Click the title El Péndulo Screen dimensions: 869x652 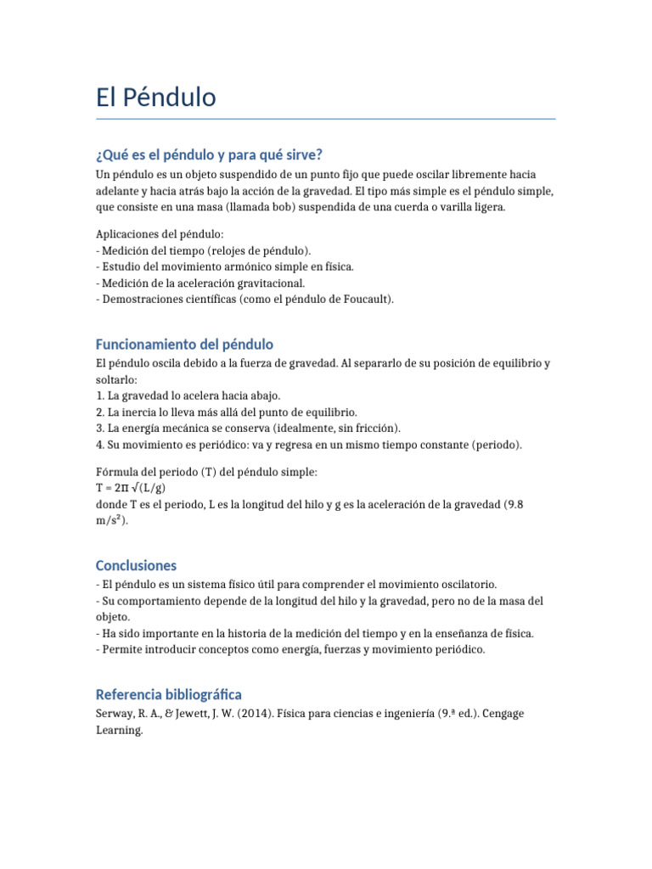tap(156, 98)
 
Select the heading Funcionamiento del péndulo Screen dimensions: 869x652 tap(184, 345)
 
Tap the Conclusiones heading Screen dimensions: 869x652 tap(136, 565)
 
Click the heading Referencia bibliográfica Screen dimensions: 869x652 tap(169, 694)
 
